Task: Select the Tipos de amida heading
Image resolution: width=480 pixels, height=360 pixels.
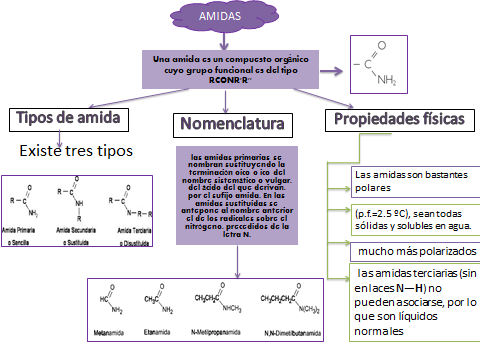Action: [68, 119]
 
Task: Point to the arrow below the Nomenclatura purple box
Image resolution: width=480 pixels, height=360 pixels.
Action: [237, 261]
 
